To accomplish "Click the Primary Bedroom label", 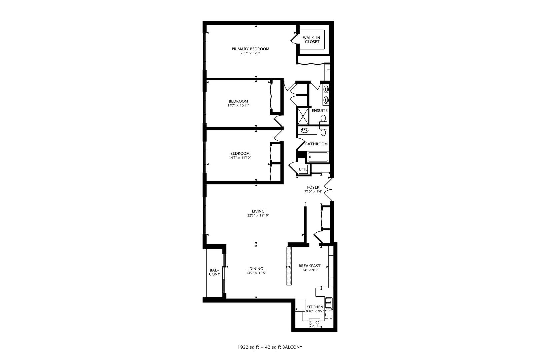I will [250, 49].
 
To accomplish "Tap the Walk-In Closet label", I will [311, 40].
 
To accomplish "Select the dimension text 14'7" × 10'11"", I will [238, 105].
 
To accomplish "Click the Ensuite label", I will [320, 110].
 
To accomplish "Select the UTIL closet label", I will [303, 169].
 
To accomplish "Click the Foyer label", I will [313, 187].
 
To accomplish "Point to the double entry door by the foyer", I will [328, 189].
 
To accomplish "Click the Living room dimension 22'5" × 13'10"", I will [258, 215].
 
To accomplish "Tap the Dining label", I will [256, 269].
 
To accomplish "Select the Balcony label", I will [214, 272].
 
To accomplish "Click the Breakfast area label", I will [309, 266].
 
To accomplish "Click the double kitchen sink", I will [329, 302].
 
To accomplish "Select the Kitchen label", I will [315, 307].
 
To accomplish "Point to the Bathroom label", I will [316, 144].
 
